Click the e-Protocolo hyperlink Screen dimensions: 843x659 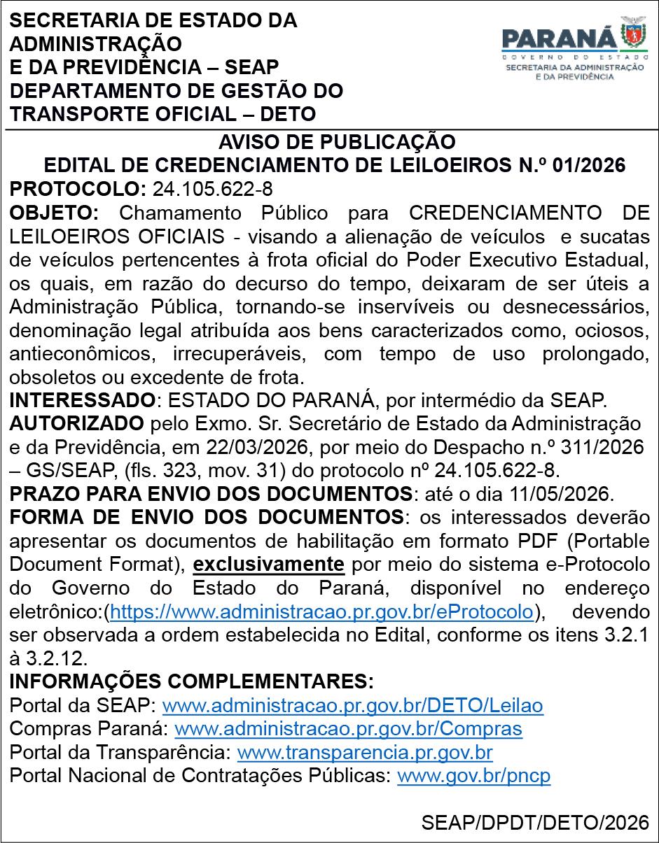(322, 611)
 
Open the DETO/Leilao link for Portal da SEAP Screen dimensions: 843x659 (352, 705)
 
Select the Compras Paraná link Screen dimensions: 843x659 (348, 729)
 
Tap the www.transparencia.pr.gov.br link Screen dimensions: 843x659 (365, 753)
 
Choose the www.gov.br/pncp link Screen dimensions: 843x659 (473, 777)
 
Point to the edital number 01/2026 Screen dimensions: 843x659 (588, 166)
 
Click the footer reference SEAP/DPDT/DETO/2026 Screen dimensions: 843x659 (535, 823)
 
